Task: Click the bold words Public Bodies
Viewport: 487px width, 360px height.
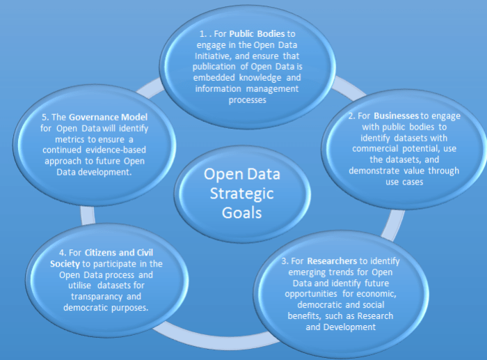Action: click(252, 33)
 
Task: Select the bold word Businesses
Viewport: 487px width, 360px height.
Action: click(396, 116)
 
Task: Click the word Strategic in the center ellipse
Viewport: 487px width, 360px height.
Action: click(239, 193)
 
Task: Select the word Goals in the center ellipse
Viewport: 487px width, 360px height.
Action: click(238, 212)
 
